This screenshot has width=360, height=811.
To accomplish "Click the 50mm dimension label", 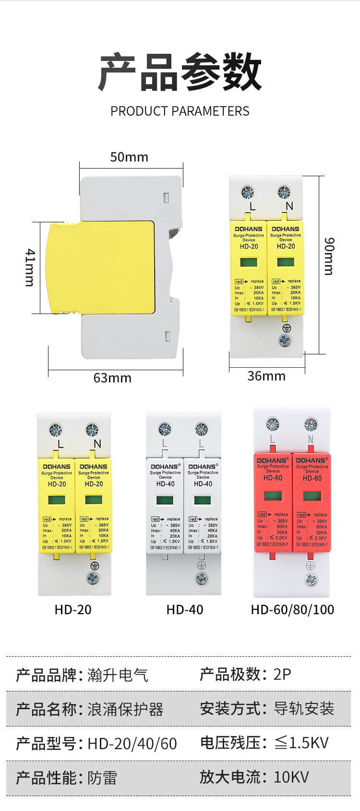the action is click(129, 157).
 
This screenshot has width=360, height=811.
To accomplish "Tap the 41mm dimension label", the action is click(30, 267).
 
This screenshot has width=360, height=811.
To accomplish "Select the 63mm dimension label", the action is click(112, 378).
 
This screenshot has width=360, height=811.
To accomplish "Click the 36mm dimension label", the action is click(266, 376).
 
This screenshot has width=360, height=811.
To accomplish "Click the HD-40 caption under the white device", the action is click(185, 610).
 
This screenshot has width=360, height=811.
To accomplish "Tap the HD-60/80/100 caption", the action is click(292, 610).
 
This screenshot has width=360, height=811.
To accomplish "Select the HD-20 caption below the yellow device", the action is click(73, 610).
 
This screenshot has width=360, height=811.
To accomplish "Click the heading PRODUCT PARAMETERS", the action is click(180, 111).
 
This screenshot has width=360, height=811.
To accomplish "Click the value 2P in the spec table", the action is click(282, 674).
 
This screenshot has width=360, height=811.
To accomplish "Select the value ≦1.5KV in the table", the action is click(301, 743).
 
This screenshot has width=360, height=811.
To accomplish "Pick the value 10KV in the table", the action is click(291, 777).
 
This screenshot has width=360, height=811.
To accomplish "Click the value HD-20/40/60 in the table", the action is click(132, 744).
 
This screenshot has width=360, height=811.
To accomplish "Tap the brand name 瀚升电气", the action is click(118, 675).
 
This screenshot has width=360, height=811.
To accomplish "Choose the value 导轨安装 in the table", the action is click(304, 708).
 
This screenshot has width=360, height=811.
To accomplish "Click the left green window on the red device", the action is click(273, 496).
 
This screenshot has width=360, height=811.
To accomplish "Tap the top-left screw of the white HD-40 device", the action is click(165, 429).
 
